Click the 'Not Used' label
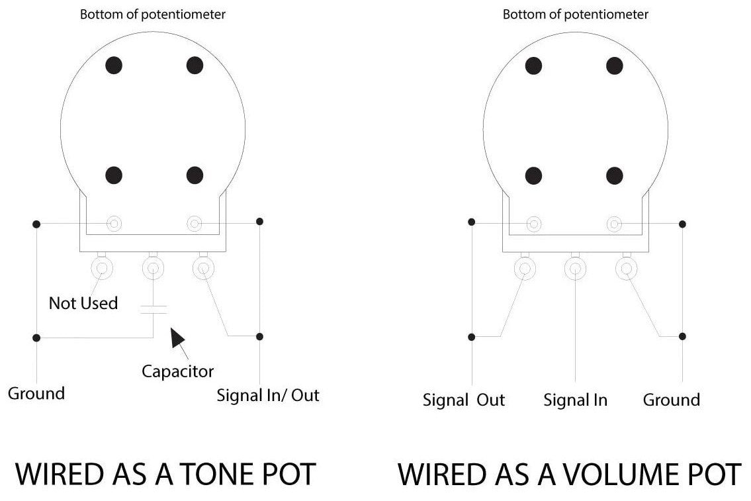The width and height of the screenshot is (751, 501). (x=83, y=303)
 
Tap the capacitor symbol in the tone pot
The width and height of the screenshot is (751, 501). (x=154, y=310)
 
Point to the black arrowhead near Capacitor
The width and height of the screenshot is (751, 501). (x=177, y=337)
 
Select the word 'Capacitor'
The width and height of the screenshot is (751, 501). (x=178, y=371)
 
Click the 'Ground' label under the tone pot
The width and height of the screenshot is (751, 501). (x=36, y=393)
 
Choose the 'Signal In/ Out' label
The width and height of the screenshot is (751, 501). (x=268, y=396)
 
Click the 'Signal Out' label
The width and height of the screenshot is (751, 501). (x=464, y=400)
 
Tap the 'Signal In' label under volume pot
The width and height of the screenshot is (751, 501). (x=575, y=400)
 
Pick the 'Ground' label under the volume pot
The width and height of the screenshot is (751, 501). (x=672, y=400)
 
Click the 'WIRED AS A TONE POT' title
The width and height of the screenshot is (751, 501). (x=165, y=474)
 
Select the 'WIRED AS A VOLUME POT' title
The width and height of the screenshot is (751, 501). (x=570, y=474)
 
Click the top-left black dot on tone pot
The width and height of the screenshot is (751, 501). (x=114, y=65)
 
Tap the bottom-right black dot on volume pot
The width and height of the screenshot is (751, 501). (x=615, y=176)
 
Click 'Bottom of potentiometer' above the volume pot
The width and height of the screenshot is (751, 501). (x=575, y=15)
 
